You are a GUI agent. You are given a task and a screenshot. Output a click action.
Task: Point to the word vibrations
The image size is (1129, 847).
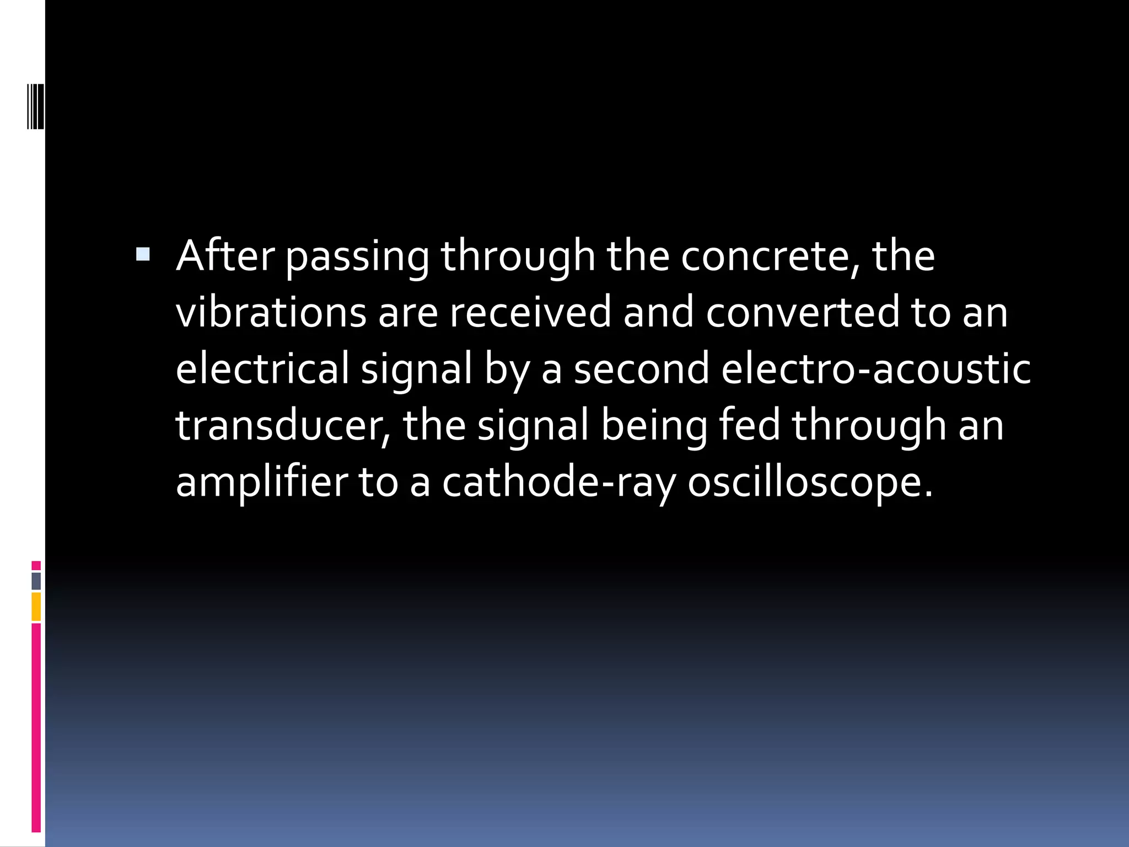271,312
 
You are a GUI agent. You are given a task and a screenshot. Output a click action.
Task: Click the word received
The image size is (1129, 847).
530,312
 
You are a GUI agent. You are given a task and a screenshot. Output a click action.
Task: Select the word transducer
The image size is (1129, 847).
283,426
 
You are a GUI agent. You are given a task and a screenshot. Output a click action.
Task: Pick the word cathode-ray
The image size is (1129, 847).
559,482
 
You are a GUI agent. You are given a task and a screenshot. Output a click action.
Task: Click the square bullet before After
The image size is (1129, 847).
142,254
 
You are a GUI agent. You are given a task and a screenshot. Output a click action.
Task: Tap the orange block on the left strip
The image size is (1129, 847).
36,607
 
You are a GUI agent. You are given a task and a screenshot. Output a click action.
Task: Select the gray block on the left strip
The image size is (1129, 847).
36,581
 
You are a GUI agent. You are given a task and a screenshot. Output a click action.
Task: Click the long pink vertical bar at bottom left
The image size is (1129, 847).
36,728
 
